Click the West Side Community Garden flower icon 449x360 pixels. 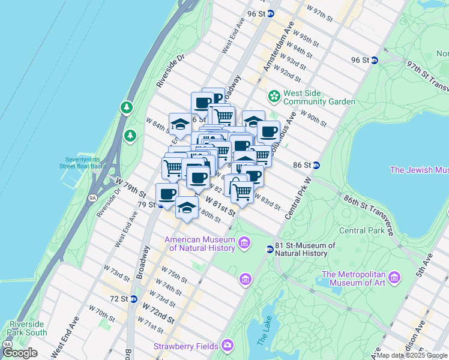pos(274,96)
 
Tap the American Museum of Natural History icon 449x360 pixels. pos(244,242)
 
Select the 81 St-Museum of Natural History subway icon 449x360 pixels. pos(270,249)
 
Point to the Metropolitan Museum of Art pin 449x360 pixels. pos(394,277)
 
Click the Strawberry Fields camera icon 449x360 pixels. pos(227,345)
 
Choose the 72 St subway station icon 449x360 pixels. pos(134,298)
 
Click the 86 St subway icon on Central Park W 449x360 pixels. pos(316,165)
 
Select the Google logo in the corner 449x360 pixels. pos(20,353)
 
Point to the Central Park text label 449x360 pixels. pos(361,230)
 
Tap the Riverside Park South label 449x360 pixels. pos(27,328)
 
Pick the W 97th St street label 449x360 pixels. pos(319,13)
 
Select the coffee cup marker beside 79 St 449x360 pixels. pos(167,194)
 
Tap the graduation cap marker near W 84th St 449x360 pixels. pos(180,124)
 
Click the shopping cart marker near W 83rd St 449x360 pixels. pos(242,191)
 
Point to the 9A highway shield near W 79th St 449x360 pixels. pos(92,197)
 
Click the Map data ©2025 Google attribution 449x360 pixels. pos(412,355)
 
